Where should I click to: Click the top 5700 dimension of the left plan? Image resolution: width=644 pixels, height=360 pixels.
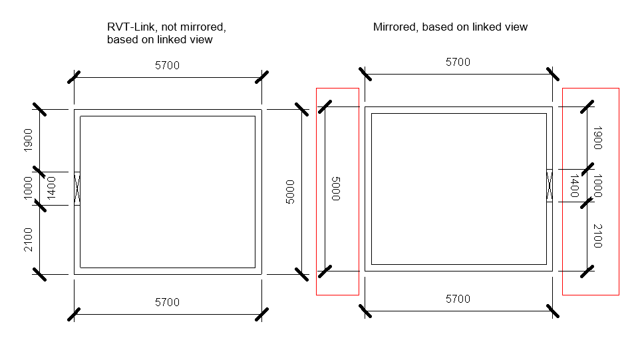pos(167,65)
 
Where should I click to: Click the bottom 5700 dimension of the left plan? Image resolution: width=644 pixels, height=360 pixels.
pos(167,302)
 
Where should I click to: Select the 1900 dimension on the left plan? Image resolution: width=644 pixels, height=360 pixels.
pos(28,140)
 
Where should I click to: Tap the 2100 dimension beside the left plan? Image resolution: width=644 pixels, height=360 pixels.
pos(28,240)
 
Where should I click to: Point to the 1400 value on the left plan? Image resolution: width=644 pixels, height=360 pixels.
pos(51,188)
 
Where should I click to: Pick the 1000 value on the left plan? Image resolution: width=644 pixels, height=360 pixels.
pos(28,188)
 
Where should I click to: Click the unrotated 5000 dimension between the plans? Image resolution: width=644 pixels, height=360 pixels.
pos(290,192)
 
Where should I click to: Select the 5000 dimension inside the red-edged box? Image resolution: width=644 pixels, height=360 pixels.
pos(335,188)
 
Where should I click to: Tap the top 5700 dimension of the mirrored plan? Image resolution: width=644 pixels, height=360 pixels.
pos(458,62)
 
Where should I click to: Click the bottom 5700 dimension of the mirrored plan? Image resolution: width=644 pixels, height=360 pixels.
pos(458,299)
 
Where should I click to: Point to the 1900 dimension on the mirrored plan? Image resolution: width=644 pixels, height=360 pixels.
pos(597,138)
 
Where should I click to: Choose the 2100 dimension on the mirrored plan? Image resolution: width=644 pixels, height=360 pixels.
pos(597,236)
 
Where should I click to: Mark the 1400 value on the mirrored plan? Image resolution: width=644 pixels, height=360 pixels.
pos(574,186)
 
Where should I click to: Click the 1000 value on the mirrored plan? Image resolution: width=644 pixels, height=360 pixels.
pos(597,186)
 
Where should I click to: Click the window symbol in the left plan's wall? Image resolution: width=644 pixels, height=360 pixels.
pos(77,188)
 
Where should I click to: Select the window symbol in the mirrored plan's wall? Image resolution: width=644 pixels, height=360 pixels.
pos(550,186)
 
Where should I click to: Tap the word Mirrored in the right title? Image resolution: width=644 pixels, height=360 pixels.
pos(394,27)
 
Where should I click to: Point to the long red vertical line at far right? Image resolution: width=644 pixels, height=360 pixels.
pos(619,191)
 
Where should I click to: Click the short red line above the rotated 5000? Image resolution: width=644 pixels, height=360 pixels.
pos(337,88)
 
